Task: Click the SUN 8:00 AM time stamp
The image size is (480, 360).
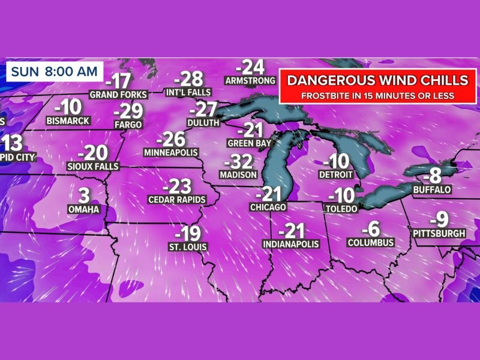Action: [53, 71]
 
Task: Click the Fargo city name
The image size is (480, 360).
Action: [128, 124]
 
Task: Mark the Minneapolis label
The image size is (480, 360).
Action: [171, 153]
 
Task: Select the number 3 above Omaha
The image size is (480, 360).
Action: [84, 195]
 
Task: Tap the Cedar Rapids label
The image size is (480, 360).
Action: [176, 199]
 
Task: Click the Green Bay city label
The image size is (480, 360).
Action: [249, 143]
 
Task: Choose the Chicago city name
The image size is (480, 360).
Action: [268, 207]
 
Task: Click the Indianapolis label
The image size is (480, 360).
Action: [291, 244]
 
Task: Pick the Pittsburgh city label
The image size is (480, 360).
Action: [439, 233]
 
